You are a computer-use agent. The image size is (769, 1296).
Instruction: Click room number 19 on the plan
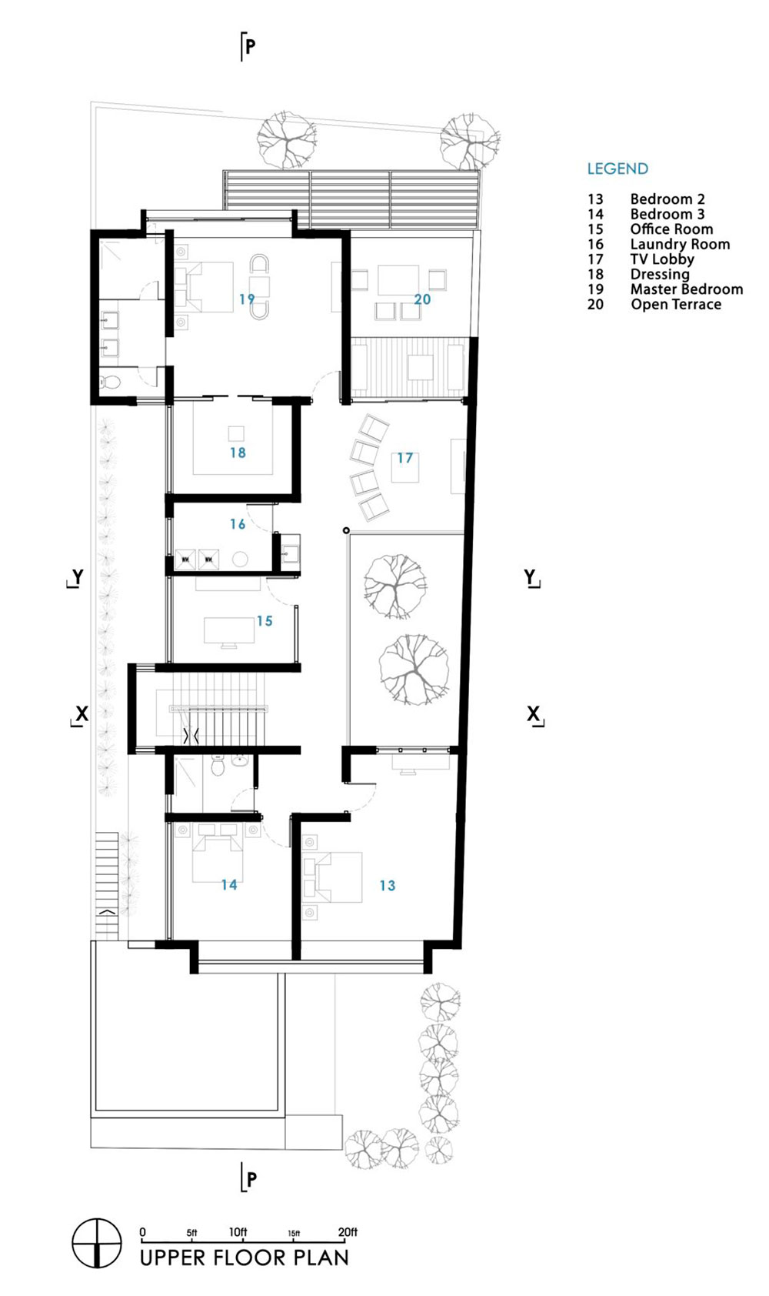click(247, 299)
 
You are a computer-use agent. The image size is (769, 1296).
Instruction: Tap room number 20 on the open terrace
click(422, 299)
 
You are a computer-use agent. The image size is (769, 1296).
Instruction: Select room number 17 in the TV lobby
click(404, 458)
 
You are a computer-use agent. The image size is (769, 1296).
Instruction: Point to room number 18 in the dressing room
click(238, 453)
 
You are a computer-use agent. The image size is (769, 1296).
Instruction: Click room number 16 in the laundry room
click(238, 523)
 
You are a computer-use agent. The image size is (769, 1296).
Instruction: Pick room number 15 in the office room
click(265, 621)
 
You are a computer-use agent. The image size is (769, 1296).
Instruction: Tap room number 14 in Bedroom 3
click(229, 884)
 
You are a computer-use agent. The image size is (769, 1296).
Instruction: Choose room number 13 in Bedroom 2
click(388, 885)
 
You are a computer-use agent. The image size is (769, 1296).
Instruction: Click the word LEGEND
click(618, 169)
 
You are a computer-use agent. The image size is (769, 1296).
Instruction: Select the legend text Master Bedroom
click(686, 289)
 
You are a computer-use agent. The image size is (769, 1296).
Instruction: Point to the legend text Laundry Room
click(680, 245)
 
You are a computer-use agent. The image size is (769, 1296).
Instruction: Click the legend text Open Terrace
click(676, 304)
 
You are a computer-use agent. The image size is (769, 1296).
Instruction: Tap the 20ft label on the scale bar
click(348, 1232)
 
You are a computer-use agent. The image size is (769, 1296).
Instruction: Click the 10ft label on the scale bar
click(238, 1232)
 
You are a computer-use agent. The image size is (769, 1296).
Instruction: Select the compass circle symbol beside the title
click(97, 1243)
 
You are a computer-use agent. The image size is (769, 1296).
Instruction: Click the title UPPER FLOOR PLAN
click(245, 1258)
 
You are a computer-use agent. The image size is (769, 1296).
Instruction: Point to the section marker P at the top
click(248, 46)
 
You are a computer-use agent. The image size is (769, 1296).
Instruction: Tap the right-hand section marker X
click(534, 715)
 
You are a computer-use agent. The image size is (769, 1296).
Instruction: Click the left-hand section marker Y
click(75, 577)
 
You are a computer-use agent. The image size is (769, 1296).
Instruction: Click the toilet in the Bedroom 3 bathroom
click(218, 765)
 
